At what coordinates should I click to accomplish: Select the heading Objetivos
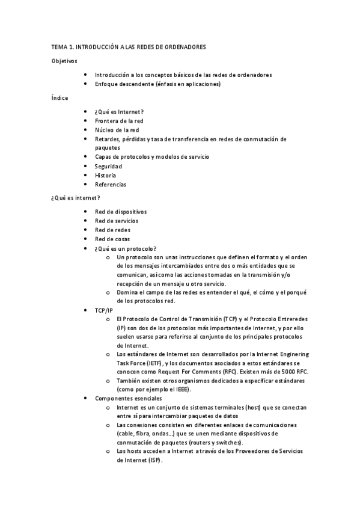pyautogui.click(x=64, y=61)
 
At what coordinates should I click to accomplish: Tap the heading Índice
pyautogui.click(x=59, y=97)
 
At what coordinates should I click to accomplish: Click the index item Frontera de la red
pyautogui.click(x=119, y=120)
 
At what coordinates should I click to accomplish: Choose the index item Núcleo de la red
pyautogui.click(x=117, y=129)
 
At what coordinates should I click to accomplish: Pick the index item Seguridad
pyautogui.click(x=108, y=166)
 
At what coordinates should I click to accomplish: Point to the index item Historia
pyautogui.click(x=105, y=175)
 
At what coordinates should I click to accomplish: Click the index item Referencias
pyautogui.click(x=110, y=184)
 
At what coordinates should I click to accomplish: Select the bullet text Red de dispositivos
pyautogui.click(x=120, y=211)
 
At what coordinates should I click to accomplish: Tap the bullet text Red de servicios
pyautogui.click(x=117, y=221)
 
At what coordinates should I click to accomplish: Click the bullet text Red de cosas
pyautogui.click(x=112, y=239)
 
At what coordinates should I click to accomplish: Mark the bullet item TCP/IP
pyautogui.click(x=103, y=310)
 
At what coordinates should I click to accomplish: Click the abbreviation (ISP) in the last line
pyautogui.click(x=153, y=460)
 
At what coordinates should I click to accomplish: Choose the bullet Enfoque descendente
pyautogui.click(x=157, y=84)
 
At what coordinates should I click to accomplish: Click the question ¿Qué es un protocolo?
pyautogui.click(x=126, y=248)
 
